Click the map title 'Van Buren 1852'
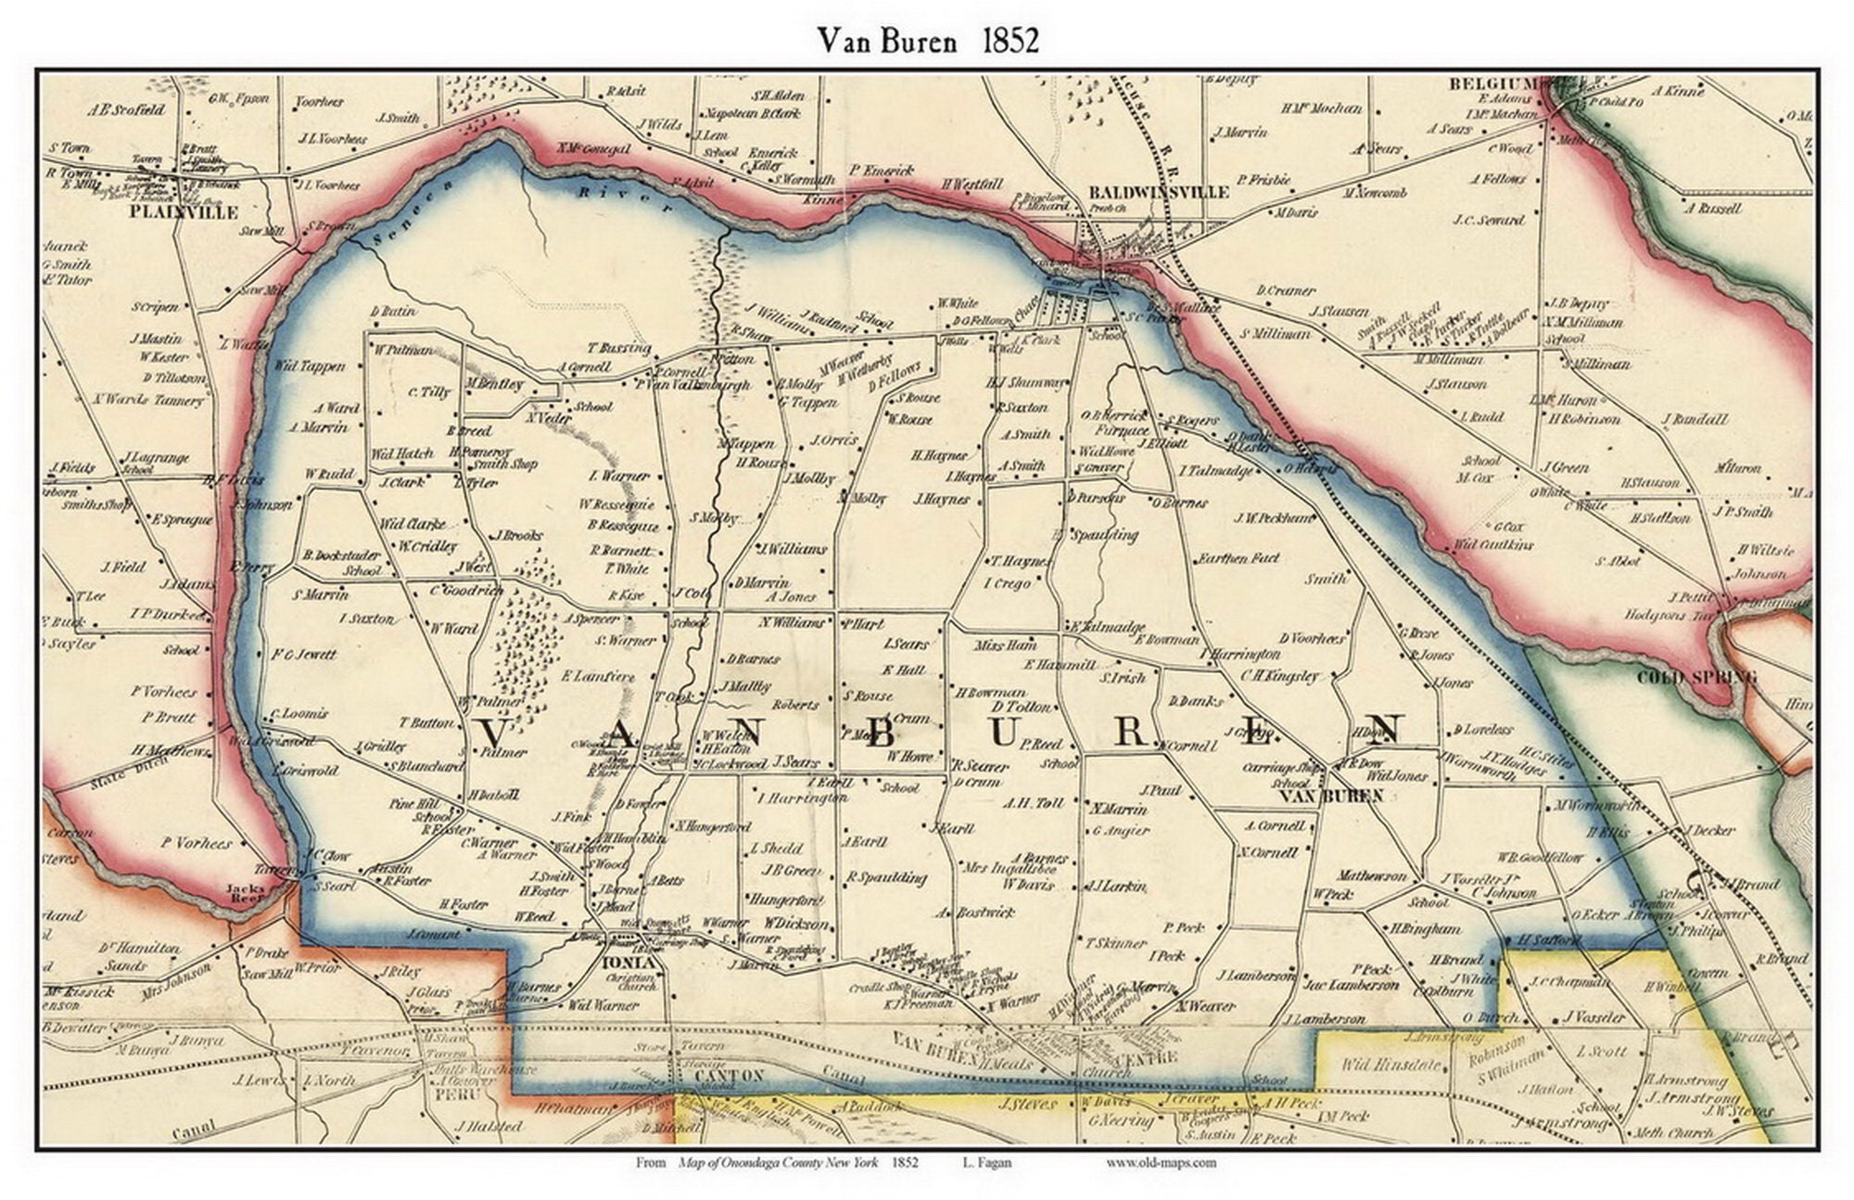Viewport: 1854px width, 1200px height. pyautogui.click(x=927, y=40)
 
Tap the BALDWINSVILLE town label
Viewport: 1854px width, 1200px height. pyautogui.click(x=1158, y=192)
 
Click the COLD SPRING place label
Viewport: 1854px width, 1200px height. pyautogui.click(x=1695, y=677)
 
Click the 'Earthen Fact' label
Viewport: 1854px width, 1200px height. pyautogui.click(x=1238, y=558)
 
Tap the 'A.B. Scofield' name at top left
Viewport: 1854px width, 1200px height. pyautogui.click(x=126, y=109)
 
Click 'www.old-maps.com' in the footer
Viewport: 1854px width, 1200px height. pyautogui.click(x=1161, y=1163)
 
